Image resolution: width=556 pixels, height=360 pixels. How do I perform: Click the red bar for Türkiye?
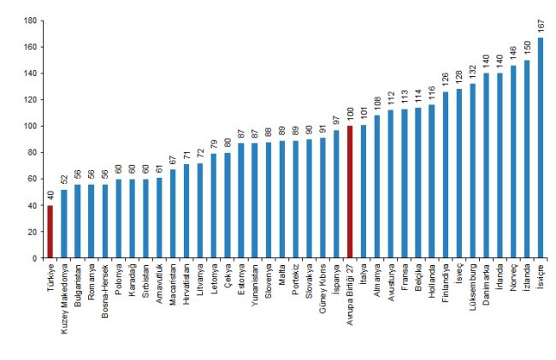pos(50,232)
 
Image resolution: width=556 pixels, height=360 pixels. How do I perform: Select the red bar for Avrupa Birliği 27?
pos(350,192)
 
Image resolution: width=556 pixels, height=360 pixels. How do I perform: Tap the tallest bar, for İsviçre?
pos(541,148)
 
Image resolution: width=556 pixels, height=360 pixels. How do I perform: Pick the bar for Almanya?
pos(377,186)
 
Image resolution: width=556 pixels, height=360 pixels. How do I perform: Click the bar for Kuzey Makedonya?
pos(64,224)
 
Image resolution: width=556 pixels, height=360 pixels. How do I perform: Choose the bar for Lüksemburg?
pos(473,171)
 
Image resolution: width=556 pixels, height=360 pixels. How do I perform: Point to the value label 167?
pos(541,27)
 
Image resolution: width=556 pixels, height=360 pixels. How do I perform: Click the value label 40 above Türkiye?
pos(50,197)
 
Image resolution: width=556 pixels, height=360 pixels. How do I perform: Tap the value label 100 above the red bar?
pos(350,115)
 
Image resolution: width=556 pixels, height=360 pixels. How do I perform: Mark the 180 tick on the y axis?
pos(31,21)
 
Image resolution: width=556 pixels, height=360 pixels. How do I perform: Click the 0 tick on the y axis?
pos(35,258)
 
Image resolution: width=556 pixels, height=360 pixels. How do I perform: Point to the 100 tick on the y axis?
pos(31,127)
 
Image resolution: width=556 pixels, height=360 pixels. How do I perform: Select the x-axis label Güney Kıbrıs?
pos(322,288)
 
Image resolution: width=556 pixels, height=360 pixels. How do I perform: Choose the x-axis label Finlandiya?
pos(446,283)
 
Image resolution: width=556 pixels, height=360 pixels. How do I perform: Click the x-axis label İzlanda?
pos(527,277)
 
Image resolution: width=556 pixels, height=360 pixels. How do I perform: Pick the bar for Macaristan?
pos(173,214)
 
